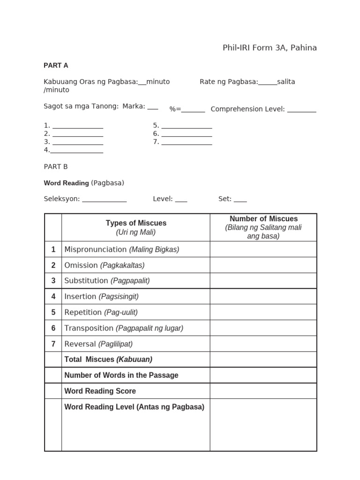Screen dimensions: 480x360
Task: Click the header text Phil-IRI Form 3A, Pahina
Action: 270,48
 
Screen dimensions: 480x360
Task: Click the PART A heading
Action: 56,65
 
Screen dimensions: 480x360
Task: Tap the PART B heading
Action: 56,166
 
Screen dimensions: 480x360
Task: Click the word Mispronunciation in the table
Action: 95,249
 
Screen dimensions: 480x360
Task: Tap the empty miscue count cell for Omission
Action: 263,265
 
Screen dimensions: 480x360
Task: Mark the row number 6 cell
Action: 53,328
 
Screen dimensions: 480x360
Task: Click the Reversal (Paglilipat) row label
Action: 98,344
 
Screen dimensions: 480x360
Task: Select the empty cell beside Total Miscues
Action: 263,360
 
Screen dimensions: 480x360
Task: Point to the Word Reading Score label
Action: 100,391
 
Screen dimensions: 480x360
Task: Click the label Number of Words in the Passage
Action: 121,375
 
